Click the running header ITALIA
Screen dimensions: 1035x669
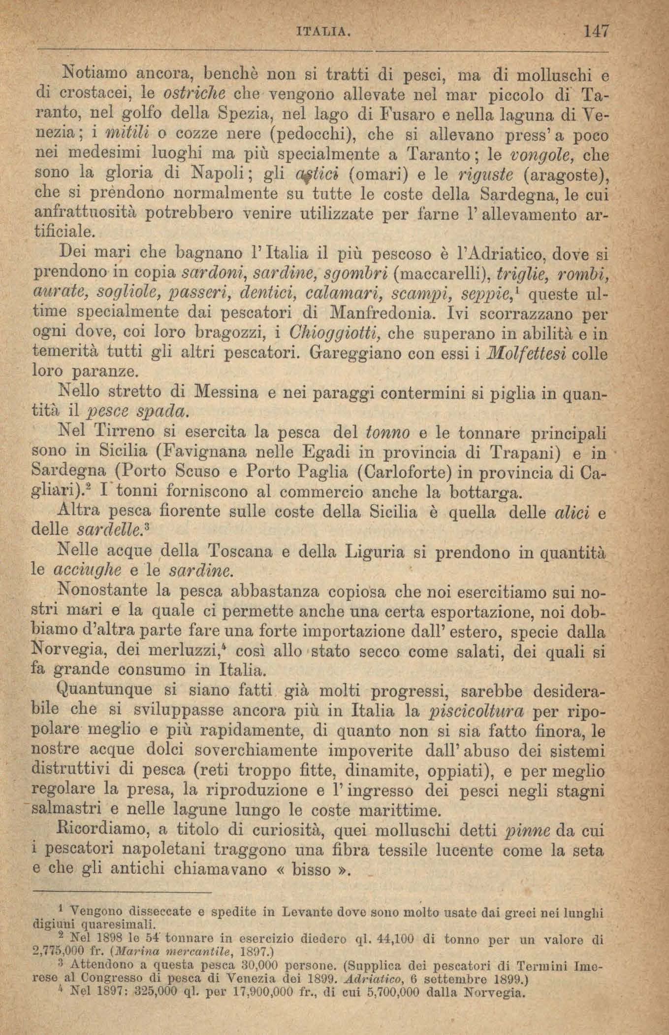click(323, 34)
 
